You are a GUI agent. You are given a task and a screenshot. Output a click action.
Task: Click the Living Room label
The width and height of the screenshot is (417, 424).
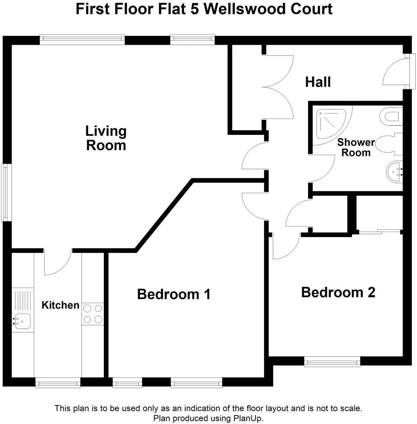coord(106,138)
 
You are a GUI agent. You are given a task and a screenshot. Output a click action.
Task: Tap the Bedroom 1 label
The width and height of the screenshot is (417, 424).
coord(174,294)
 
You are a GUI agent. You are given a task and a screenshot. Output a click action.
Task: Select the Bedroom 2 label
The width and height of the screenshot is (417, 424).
coord(338,292)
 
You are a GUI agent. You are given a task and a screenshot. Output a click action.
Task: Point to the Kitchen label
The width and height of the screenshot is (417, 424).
coord(60,305)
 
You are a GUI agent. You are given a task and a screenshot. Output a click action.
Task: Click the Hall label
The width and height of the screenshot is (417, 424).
coord(318,82)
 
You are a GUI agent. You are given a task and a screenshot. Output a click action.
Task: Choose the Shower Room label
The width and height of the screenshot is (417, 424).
coord(356,147)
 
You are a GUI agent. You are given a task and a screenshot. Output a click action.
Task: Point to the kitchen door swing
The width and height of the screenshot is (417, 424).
coord(56,263)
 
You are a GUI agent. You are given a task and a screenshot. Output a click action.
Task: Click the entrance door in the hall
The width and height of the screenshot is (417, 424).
coord(395,72)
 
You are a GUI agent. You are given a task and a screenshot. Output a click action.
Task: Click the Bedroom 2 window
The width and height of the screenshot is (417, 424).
coord(332,362)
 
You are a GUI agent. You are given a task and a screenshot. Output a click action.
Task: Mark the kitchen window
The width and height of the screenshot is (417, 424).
coord(58,384)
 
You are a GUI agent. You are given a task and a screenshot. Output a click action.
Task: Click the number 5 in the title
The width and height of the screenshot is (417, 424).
coord(195,9)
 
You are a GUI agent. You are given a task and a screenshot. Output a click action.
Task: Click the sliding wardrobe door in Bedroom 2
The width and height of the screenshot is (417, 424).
coord(379,231)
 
